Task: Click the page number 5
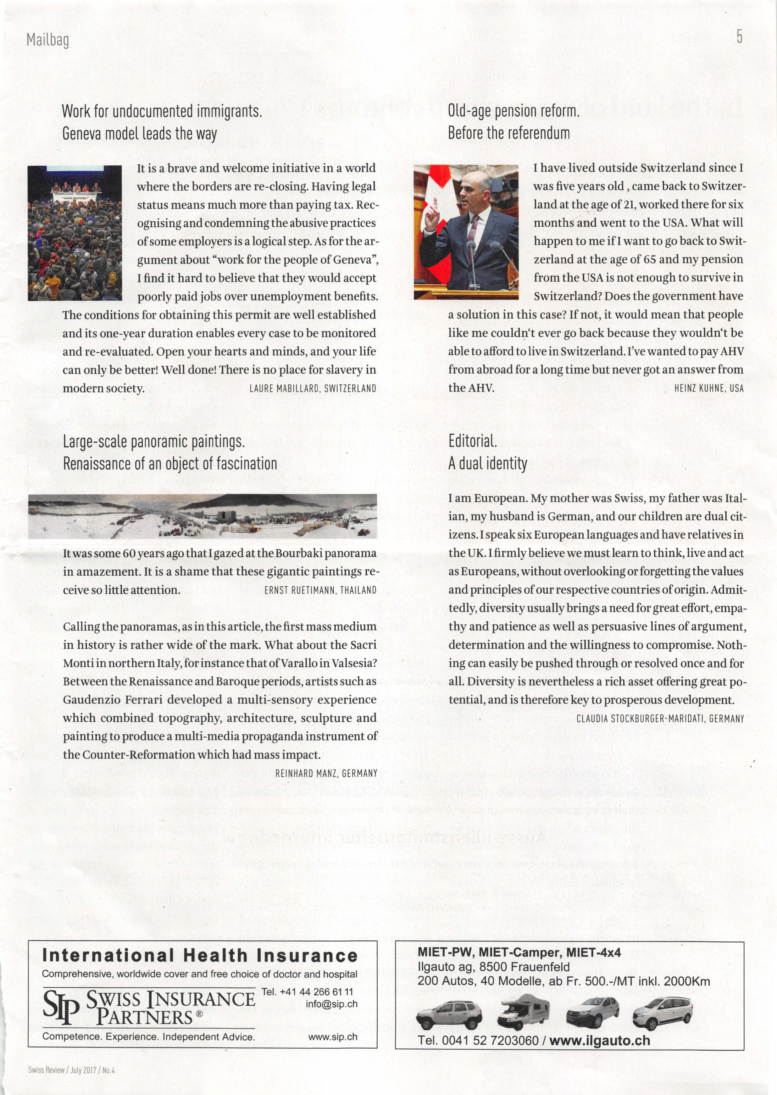point(739,37)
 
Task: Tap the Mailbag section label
point(48,40)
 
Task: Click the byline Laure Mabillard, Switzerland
point(313,388)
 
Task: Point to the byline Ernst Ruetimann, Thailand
point(320,590)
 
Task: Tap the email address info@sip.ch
point(331,1004)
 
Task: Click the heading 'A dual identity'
point(487,464)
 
